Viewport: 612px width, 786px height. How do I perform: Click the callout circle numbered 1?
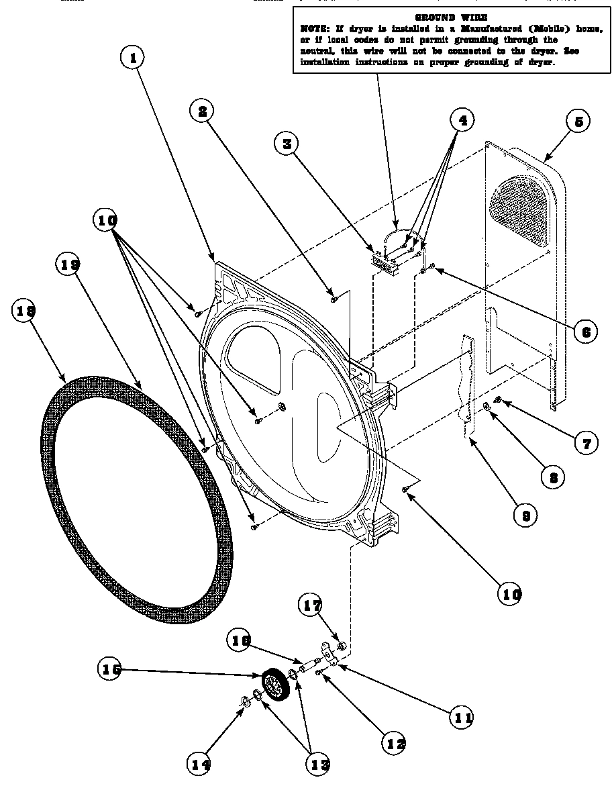(134, 58)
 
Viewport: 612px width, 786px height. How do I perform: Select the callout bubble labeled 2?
(201, 111)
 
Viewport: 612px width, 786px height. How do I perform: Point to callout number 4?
(462, 121)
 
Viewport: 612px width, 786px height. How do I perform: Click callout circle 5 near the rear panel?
(578, 121)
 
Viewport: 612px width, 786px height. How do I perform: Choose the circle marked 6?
(586, 330)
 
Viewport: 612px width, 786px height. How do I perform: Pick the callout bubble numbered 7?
(585, 442)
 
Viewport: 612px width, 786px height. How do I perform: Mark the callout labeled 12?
(395, 742)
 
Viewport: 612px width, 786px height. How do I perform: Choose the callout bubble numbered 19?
(68, 266)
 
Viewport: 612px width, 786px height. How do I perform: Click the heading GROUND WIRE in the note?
(451, 17)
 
